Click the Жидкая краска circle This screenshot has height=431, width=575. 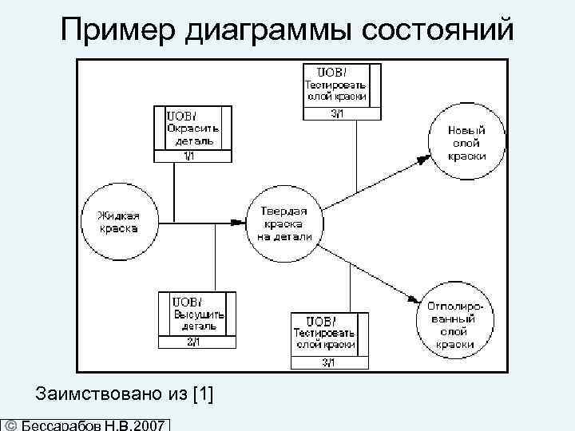pyautogui.click(x=118, y=222)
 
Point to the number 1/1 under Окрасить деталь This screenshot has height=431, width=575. pyautogui.click(x=188, y=156)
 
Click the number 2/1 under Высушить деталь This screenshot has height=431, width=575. pyautogui.click(x=193, y=342)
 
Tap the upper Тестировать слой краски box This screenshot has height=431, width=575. pyautogui.click(x=336, y=85)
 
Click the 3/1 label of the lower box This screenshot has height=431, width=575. pyautogui.click(x=329, y=363)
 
